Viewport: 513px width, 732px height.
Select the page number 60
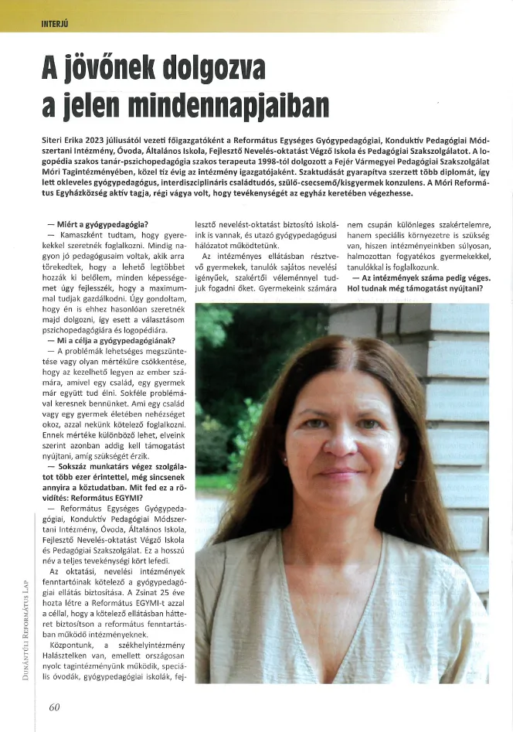click(54, 706)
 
